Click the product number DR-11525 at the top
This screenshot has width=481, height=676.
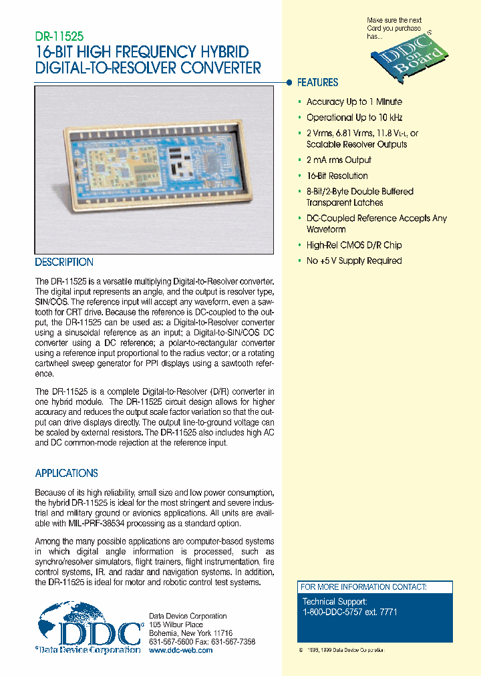pyautogui.click(x=59, y=38)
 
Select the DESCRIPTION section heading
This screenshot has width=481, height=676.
pyautogui.click(x=64, y=263)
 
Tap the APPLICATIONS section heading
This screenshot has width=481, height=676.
pyautogui.click(x=66, y=473)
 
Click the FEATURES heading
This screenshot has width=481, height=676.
pyautogui.click(x=317, y=83)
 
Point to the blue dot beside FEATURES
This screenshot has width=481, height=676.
pyautogui.click(x=289, y=83)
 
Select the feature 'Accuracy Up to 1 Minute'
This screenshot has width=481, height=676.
pyautogui.click(x=354, y=102)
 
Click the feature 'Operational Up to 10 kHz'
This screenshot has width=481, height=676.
pyautogui.click(x=354, y=118)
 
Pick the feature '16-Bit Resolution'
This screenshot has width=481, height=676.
pyautogui.click(x=337, y=176)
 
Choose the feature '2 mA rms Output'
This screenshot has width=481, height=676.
pyautogui.click(x=339, y=160)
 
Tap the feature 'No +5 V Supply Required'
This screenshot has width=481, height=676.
pyautogui.click(x=354, y=261)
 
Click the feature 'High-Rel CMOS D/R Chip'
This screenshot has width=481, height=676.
pyautogui.click(x=354, y=245)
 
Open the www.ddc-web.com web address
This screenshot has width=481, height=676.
pyautogui.click(x=180, y=650)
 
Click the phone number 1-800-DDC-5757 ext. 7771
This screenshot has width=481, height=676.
pyautogui.click(x=359, y=611)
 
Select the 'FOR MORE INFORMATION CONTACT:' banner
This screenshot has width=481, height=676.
pyautogui.click(x=363, y=587)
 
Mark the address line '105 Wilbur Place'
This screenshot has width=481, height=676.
pyautogui.click(x=176, y=625)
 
